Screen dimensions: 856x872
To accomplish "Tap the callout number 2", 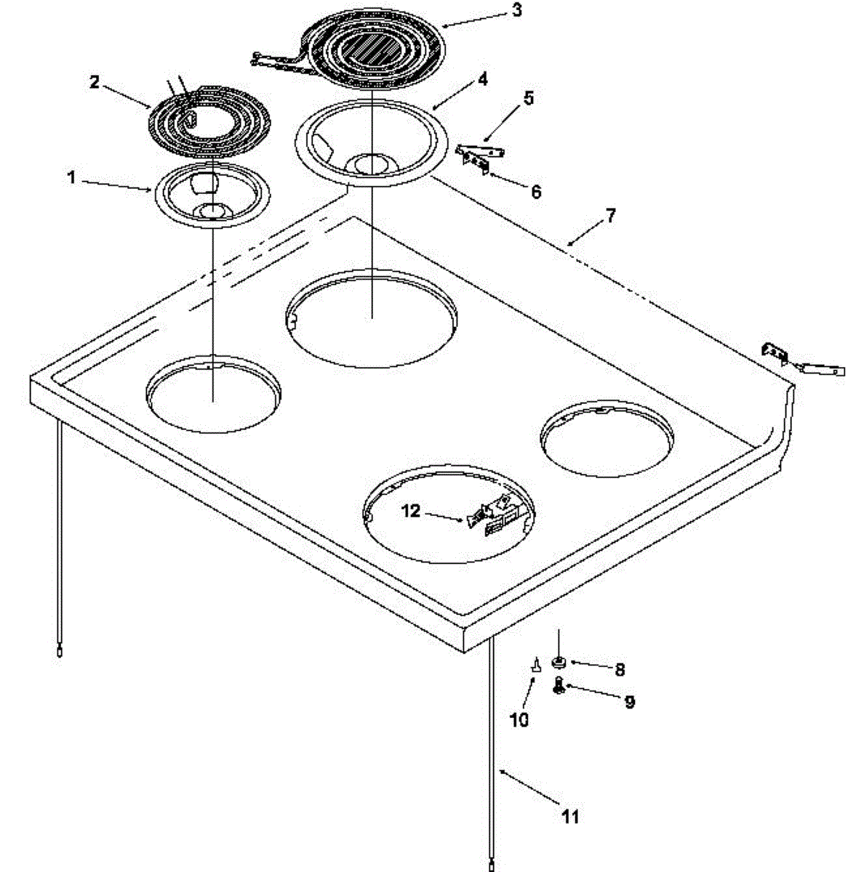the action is coord(95,81).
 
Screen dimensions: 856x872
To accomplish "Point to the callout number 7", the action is coord(609,215).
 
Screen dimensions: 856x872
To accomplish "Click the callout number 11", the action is coord(572,817).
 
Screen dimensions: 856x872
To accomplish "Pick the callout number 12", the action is coord(411,512).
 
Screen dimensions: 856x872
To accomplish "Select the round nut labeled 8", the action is coord(559,661).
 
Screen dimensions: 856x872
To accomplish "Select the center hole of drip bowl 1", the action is coord(211,211).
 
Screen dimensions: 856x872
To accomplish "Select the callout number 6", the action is coord(536,192).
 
